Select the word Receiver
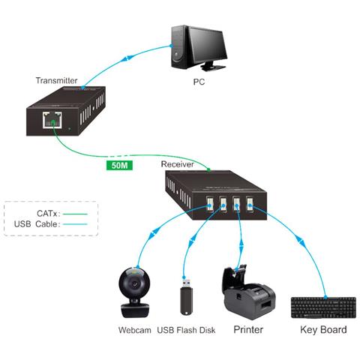[x=178, y=163]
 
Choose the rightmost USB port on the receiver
[x=250, y=204]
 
